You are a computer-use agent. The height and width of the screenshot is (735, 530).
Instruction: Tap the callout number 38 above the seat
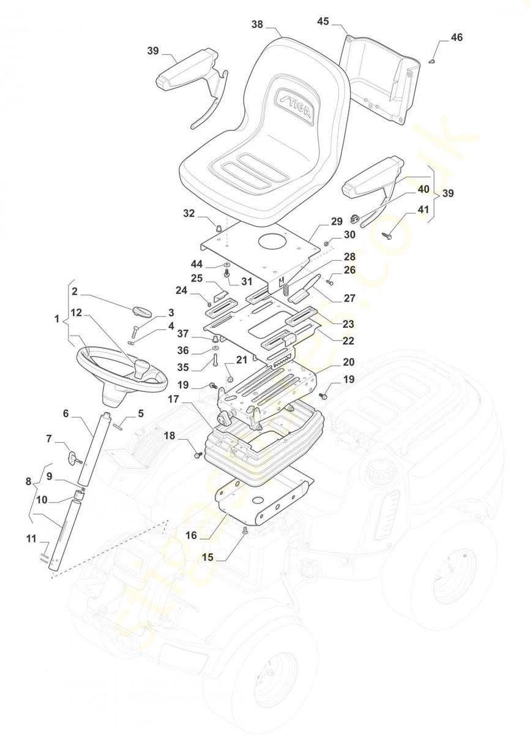(x=257, y=24)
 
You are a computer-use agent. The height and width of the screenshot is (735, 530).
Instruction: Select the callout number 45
(x=323, y=21)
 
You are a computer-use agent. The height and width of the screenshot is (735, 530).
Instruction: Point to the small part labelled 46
(x=433, y=61)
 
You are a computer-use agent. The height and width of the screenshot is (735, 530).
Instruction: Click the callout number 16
(x=192, y=535)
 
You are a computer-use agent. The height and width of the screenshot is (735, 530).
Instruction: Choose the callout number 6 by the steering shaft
(x=65, y=413)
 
